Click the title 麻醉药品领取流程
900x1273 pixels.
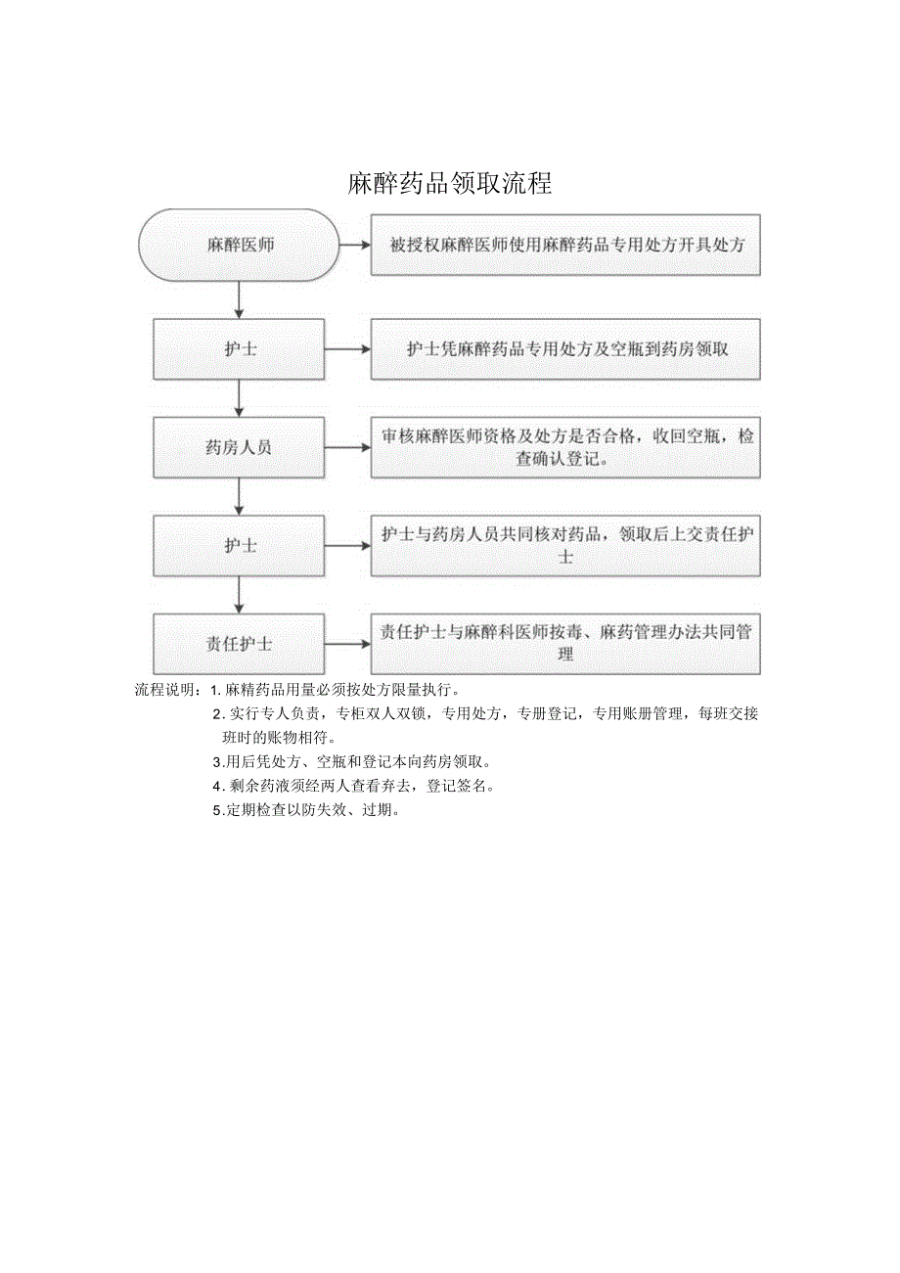[450, 183]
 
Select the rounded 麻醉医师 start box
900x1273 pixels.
[240, 245]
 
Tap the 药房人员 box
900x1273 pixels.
[240, 447]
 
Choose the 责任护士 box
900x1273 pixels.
[240, 644]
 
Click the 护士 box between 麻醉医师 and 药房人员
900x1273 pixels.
[240, 348]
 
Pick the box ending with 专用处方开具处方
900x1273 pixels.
[565, 245]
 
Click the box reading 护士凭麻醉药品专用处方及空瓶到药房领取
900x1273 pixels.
[565, 348]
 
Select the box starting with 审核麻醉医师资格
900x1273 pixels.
[565, 447]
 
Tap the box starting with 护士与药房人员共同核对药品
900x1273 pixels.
[565, 546]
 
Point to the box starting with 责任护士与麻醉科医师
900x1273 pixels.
[565, 644]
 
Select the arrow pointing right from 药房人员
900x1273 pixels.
[347, 447]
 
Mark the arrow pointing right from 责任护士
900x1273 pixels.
[347, 644]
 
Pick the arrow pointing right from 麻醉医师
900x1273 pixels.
[353, 245]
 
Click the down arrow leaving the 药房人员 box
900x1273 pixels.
[240, 496]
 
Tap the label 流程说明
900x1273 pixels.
[167, 690]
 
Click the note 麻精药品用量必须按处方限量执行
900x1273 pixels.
[342, 690]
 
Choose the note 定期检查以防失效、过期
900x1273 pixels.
[311, 810]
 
